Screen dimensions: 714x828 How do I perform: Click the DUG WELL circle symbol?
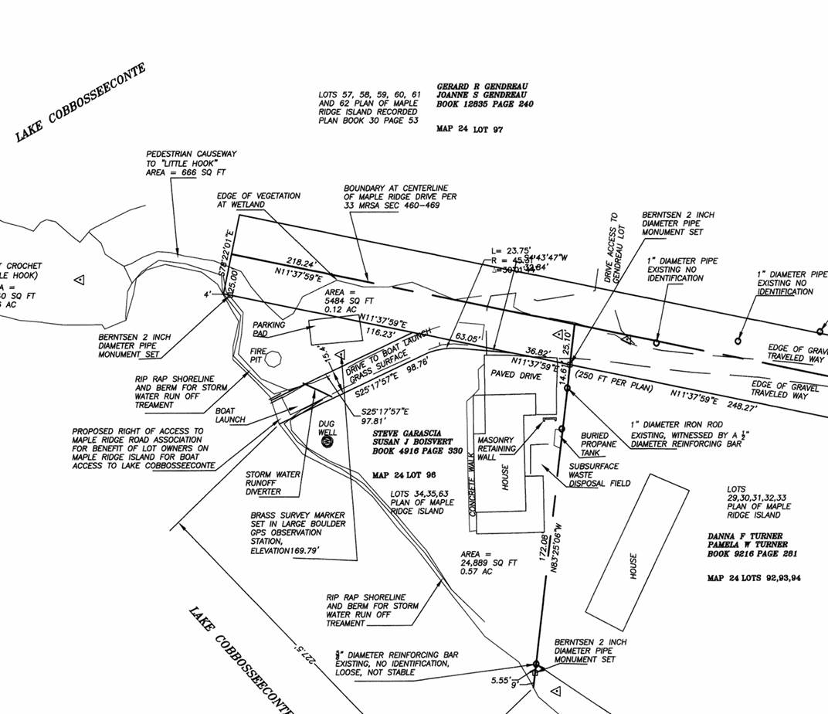coord(326,441)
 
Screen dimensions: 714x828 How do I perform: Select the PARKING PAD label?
coord(269,330)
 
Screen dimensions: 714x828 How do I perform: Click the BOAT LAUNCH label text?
coord(230,416)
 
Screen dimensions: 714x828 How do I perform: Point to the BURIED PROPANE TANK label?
coord(599,444)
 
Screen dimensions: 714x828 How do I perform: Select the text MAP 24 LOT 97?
coord(470,129)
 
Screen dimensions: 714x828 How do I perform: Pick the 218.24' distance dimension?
coord(302,262)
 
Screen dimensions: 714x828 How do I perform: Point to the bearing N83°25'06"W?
coord(555,546)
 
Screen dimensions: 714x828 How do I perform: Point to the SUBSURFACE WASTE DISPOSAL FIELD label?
coord(599,474)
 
